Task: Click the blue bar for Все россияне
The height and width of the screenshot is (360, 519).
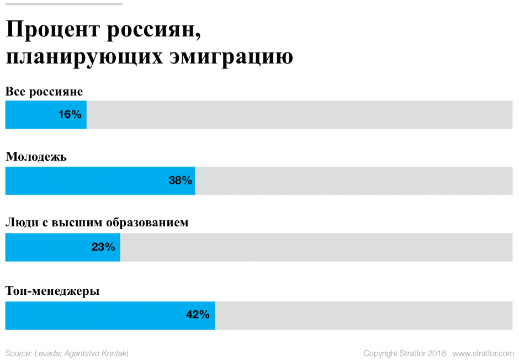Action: tap(33, 115)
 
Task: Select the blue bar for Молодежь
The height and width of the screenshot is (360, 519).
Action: tap(83, 181)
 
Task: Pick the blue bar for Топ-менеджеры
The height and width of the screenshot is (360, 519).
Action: tap(94, 315)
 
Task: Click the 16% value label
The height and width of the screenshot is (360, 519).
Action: tap(70, 115)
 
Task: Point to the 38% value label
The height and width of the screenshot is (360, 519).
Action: tap(180, 181)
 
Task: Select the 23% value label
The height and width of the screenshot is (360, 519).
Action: tap(103, 247)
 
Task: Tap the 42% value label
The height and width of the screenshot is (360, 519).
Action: tap(198, 315)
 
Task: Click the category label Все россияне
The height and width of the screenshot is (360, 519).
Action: tap(44, 92)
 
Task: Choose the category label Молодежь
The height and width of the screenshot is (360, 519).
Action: tap(36, 157)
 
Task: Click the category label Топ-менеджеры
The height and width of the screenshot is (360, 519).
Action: tap(52, 290)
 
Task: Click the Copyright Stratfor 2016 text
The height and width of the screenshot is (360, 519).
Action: tap(405, 353)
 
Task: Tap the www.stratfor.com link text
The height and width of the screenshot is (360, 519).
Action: tap(483, 353)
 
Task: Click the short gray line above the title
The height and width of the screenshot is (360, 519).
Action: tap(63, 4)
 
